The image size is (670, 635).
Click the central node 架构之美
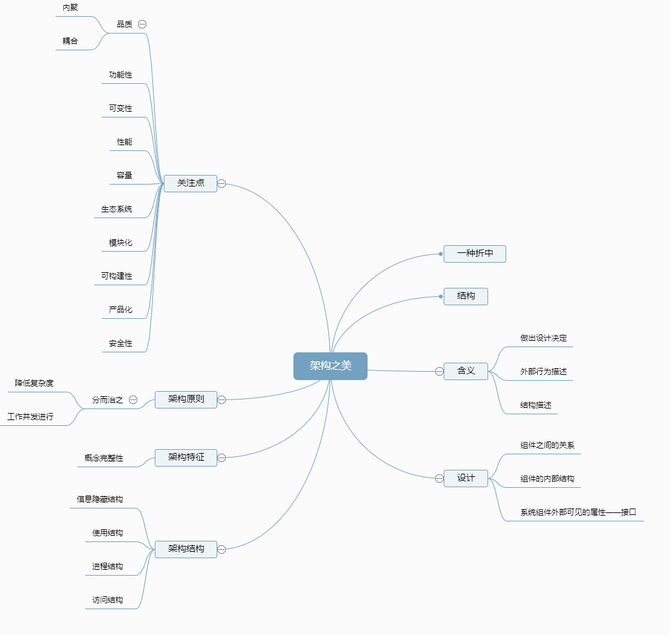[330, 366]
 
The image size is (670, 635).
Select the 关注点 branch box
[190, 183]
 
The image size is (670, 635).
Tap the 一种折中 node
[475, 254]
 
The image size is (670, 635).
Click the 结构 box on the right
[466, 296]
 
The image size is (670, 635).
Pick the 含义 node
[466, 371]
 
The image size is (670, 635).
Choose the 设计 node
[466, 478]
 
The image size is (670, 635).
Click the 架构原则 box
[186, 399]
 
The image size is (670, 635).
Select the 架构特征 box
[186, 458]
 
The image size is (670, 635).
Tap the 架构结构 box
[186, 549]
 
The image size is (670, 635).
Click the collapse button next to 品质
[143, 24]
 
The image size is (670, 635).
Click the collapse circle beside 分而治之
[133, 400]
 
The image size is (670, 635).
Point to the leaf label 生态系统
[117, 209]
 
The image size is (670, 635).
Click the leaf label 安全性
[121, 343]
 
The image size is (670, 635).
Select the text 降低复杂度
[34, 383]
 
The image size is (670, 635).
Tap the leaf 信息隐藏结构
[100, 499]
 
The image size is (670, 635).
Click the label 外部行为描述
[544, 372]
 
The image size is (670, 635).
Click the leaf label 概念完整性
[104, 458]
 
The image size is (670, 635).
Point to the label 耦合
[70, 41]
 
